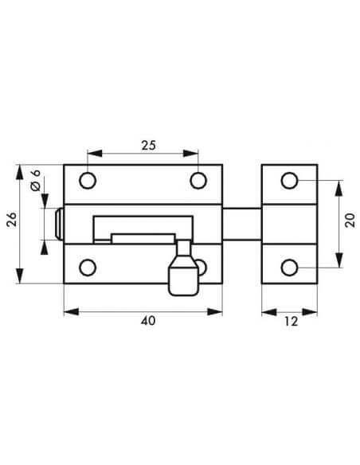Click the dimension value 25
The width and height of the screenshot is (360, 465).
[x=147, y=145]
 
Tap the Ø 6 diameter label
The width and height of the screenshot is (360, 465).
[x=35, y=181]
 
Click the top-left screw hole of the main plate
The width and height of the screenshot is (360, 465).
[x=89, y=180]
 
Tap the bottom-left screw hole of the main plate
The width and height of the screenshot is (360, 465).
[x=89, y=267]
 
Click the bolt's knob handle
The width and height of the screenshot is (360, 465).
[x=183, y=275]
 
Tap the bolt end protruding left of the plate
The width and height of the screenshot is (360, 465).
[x=59, y=224]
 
